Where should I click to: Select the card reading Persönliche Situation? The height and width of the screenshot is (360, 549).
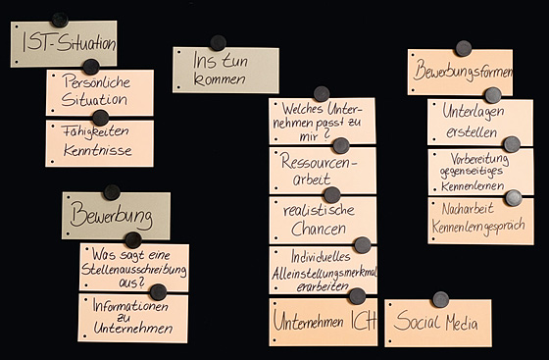[x=99, y=94]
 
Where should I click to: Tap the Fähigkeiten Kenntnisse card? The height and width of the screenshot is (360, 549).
[x=99, y=143]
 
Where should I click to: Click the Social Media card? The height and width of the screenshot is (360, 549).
[x=437, y=325]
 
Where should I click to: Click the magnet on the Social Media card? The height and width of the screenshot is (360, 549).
[x=441, y=299]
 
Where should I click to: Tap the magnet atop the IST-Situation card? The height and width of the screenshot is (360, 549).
[x=60, y=20]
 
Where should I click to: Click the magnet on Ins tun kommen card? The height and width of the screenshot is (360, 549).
[x=218, y=42]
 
